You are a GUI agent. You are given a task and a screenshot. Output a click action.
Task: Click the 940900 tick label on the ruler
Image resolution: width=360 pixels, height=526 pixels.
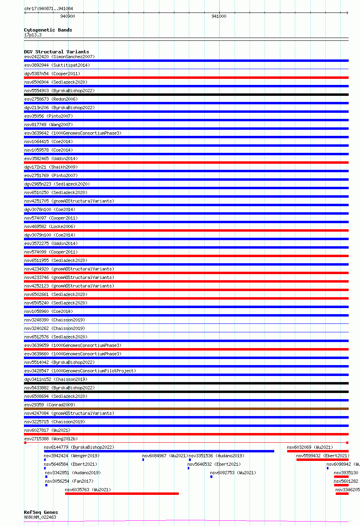[67, 16]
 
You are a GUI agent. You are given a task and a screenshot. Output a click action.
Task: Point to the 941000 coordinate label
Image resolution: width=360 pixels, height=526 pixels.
[219, 16]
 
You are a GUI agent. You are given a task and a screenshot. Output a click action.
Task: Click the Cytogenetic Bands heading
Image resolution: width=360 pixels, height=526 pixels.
[48, 30]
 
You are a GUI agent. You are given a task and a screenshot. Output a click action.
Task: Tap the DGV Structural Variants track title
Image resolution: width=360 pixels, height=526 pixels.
[56, 52]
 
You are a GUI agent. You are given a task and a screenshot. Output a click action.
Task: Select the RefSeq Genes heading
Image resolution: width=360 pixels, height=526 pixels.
[41, 512]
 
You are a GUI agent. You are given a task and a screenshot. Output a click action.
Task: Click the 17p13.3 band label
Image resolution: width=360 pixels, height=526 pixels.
[33, 35]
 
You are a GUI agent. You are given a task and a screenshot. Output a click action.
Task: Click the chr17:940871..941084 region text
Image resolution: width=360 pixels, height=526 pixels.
[49, 8]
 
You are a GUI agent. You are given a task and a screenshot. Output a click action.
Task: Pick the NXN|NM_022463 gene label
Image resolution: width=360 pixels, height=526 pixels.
[40, 517]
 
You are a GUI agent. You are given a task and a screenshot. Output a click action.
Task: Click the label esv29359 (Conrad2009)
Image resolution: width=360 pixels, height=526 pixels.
[50, 405]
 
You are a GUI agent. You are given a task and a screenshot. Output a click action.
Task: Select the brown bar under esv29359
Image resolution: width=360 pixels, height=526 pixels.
[186, 409]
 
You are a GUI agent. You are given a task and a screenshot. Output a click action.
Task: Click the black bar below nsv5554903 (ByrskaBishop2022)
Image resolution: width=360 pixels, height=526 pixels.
[186, 95]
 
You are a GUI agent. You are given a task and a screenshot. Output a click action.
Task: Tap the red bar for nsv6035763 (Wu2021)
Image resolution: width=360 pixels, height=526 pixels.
[122, 493]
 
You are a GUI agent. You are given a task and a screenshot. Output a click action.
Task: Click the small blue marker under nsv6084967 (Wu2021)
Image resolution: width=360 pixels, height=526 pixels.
[143, 460]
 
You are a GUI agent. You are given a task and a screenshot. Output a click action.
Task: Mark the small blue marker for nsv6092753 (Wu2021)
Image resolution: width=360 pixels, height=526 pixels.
[211, 477]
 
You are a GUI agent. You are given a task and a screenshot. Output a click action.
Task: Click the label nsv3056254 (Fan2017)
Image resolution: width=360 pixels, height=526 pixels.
[69, 481]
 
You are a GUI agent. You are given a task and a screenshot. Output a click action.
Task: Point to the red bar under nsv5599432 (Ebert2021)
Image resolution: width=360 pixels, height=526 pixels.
[322, 460]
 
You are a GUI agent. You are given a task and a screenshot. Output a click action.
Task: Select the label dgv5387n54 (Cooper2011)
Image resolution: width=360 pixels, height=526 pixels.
[52, 74]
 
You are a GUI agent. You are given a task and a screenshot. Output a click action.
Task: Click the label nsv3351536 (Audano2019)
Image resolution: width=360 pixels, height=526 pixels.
[216, 456]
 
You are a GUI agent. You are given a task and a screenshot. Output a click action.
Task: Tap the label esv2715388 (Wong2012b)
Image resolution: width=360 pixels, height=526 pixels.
[51, 439]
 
